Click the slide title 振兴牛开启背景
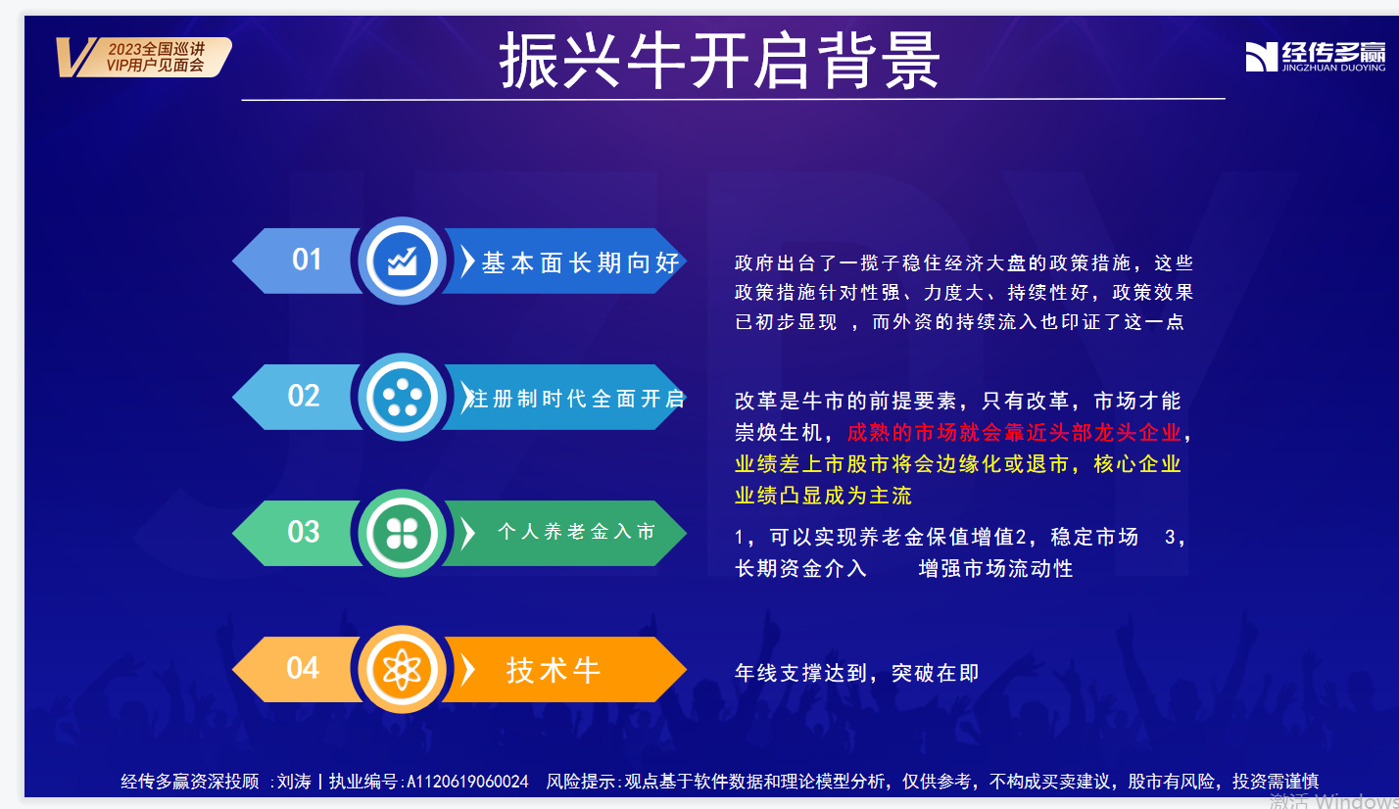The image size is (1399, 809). (719, 61)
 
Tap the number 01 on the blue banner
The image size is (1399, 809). (307, 260)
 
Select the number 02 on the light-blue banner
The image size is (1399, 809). (304, 396)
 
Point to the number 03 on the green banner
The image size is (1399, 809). (304, 532)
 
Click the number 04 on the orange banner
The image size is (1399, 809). (303, 668)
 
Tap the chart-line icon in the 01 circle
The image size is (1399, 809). (403, 261)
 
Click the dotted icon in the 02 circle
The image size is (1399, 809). (403, 397)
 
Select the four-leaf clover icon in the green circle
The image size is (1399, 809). (403, 533)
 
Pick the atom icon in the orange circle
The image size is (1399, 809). (403, 670)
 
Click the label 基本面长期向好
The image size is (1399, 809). (580, 262)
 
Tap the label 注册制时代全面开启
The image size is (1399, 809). (576, 399)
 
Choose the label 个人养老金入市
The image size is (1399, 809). (576, 531)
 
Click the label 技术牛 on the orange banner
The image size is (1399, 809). (554, 671)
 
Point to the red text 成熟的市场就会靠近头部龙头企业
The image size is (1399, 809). (1014, 433)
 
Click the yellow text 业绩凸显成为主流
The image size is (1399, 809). (823, 496)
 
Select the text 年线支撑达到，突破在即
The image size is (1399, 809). (857, 673)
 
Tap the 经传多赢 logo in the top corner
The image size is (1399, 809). (1316, 57)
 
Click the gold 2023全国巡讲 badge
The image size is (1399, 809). (144, 57)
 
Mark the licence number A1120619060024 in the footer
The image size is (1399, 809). (467, 781)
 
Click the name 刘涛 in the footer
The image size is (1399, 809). (294, 781)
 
